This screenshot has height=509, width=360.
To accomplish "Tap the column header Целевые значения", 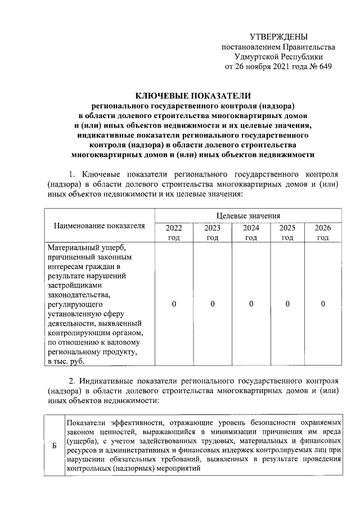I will [248, 215].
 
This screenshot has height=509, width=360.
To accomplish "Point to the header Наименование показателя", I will [100, 226].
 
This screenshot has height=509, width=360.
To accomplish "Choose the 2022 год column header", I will [174, 233].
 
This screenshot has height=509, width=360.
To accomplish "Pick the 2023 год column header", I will [212, 233].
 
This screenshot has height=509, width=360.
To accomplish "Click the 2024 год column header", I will [251, 233].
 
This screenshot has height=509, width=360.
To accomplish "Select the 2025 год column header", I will [287, 233].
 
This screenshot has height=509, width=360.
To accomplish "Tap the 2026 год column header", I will [323, 233].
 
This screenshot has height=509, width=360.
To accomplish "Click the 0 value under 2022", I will [174, 304].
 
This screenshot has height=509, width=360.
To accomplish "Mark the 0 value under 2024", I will [251, 304].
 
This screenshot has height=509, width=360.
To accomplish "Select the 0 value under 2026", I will [323, 304].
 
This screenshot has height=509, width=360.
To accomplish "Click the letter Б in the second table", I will [54, 445].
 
